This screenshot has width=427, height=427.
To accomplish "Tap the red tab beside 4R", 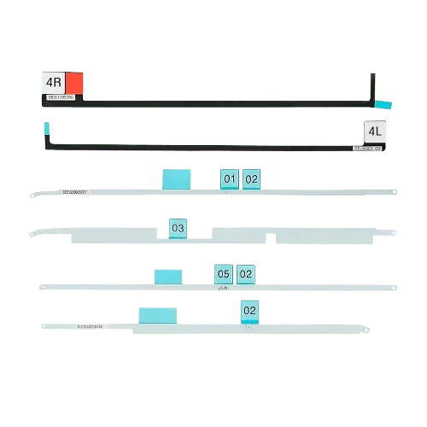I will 74,84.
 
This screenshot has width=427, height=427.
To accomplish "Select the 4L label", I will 375,131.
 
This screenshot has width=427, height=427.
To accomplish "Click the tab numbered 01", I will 229,178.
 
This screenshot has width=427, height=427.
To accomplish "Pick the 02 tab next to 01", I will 251,178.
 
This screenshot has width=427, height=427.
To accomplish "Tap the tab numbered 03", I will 178,228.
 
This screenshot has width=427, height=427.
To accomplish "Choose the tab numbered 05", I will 223,273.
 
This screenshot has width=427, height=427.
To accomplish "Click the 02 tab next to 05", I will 245,273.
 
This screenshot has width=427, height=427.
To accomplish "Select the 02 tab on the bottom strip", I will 249,311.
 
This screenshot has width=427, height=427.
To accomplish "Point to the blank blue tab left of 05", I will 167,275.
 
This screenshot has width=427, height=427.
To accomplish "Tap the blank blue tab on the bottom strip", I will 157,313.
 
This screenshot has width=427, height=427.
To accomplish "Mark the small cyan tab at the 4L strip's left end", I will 45,126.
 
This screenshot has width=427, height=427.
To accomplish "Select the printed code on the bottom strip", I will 90,325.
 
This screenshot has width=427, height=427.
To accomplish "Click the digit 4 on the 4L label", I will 371,131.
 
